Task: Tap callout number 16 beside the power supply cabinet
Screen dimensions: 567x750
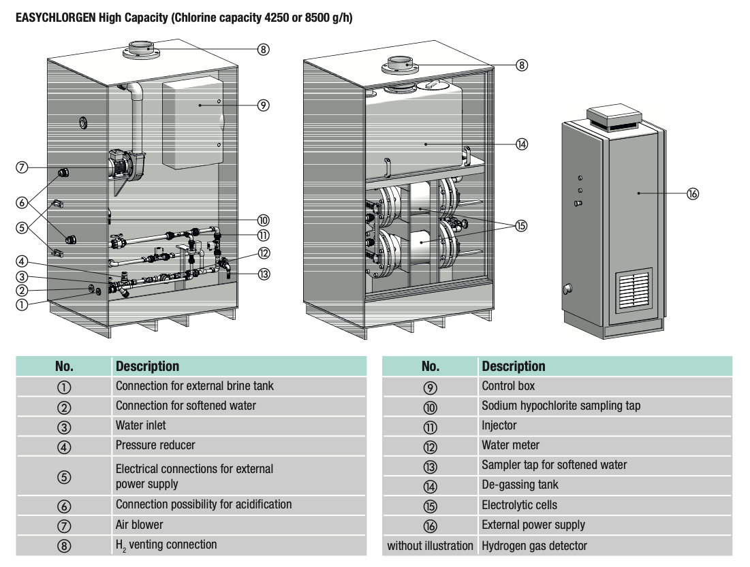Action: [693, 194]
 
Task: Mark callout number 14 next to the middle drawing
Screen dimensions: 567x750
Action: [522, 144]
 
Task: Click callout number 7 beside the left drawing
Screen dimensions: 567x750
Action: [22, 167]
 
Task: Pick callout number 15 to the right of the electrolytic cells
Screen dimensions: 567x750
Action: [521, 226]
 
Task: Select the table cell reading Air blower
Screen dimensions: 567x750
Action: [140, 525]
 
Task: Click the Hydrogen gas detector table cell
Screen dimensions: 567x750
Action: [534, 545]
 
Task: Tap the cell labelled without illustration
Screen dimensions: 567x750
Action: [430, 545]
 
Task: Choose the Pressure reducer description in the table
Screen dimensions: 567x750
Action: [155, 445]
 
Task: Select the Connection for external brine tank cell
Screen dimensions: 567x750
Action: [195, 386]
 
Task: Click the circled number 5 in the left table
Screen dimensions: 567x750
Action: [64, 476]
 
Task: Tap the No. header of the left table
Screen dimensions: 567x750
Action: [64, 366]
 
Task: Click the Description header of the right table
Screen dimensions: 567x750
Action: [514, 366]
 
